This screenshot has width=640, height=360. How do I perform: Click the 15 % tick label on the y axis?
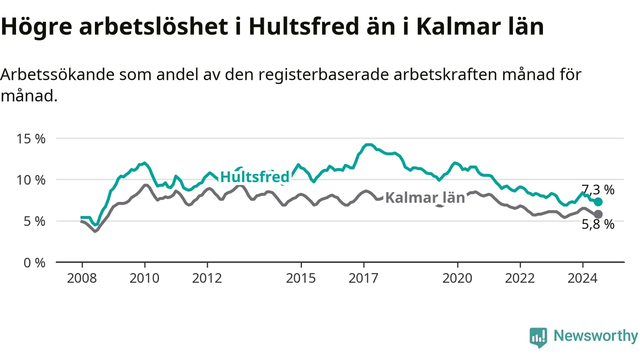(x=31, y=139)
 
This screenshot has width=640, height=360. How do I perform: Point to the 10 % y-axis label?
(x=31, y=180)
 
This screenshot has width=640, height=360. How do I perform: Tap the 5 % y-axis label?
(x=34, y=221)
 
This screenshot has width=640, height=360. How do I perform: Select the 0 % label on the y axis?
(x=34, y=263)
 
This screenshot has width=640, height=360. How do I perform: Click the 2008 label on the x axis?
(x=82, y=278)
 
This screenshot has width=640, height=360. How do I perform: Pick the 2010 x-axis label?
(x=144, y=278)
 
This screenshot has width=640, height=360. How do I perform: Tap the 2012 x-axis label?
(x=207, y=278)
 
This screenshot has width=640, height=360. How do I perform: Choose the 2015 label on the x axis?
(x=301, y=278)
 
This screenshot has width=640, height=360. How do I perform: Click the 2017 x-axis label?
(x=363, y=278)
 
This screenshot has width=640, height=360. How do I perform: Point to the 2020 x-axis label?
(x=457, y=278)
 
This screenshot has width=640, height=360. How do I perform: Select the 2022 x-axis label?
(x=520, y=278)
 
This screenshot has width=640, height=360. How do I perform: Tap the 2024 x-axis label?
(x=582, y=278)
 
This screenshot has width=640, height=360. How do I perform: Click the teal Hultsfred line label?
(x=255, y=177)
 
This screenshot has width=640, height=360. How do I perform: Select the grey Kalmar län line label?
(x=425, y=197)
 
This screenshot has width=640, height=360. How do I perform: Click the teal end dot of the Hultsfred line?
(x=598, y=202)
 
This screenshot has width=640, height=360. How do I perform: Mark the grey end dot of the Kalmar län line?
(x=598, y=214)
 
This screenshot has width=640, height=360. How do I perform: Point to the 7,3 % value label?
(x=598, y=189)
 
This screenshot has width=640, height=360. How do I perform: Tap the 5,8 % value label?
(x=598, y=224)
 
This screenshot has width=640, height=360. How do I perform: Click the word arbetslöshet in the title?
(x=153, y=27)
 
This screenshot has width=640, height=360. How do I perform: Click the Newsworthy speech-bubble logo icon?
(x=538, y=337)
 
